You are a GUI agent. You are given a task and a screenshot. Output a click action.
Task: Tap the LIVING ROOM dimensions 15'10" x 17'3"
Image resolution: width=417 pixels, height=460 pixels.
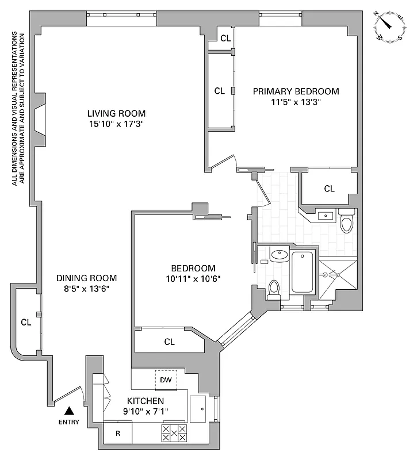point(116,124)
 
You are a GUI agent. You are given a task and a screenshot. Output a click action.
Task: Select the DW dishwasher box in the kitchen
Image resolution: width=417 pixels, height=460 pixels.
point(166,380)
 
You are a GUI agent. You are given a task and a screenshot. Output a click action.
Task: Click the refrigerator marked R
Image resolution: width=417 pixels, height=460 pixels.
point(118,433)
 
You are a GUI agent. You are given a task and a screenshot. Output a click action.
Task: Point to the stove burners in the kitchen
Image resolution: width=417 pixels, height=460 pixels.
point(174,433)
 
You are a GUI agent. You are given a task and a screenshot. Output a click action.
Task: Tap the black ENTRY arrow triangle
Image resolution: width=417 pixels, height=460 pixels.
point(69,411)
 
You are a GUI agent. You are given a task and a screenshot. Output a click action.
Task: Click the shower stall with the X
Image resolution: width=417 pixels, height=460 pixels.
point(337,276)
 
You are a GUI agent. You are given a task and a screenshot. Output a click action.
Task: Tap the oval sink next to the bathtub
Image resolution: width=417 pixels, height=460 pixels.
point(280,255)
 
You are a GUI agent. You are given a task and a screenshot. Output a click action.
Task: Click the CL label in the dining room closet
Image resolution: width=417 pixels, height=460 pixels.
point(26,321)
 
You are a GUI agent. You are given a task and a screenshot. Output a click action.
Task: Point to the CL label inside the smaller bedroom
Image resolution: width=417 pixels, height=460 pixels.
point(169,342)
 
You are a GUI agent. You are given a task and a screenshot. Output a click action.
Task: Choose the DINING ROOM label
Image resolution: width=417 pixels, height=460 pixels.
point(86,277)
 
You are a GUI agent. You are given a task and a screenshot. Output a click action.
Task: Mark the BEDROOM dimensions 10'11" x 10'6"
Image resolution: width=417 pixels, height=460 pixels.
point(193,279)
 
